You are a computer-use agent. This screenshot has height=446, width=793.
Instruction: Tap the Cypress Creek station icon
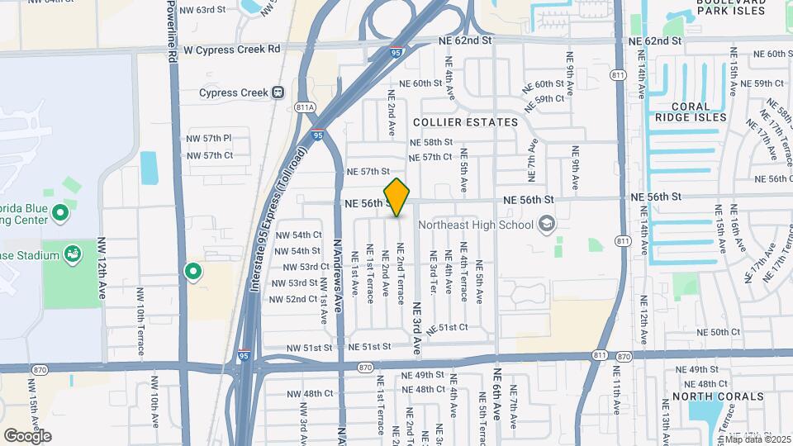click(x=278, y=93)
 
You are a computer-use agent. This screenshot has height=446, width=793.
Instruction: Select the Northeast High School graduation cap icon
click(x=546, y=224)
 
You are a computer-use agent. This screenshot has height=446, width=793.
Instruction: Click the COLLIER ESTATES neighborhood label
click(x=465, y=122)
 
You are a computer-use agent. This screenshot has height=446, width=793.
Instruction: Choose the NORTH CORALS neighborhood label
click(x=717, y=396)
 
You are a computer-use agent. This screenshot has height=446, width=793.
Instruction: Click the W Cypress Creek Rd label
click(x=231, y=49)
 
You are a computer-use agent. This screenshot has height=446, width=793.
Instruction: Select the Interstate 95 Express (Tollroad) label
click(x=279, y=219)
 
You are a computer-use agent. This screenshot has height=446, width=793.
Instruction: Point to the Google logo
click(x=27, y=435)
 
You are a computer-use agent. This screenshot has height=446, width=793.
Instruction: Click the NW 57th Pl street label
click(x=209, y=138)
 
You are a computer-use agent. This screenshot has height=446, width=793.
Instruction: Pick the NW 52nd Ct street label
click(x=294, y=299)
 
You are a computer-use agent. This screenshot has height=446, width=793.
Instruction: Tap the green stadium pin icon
click(x=72, y=253)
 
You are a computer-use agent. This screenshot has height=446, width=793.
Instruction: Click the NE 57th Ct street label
click(x=430, y=157)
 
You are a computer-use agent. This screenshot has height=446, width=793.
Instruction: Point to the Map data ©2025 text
click(x=757, y=439)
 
